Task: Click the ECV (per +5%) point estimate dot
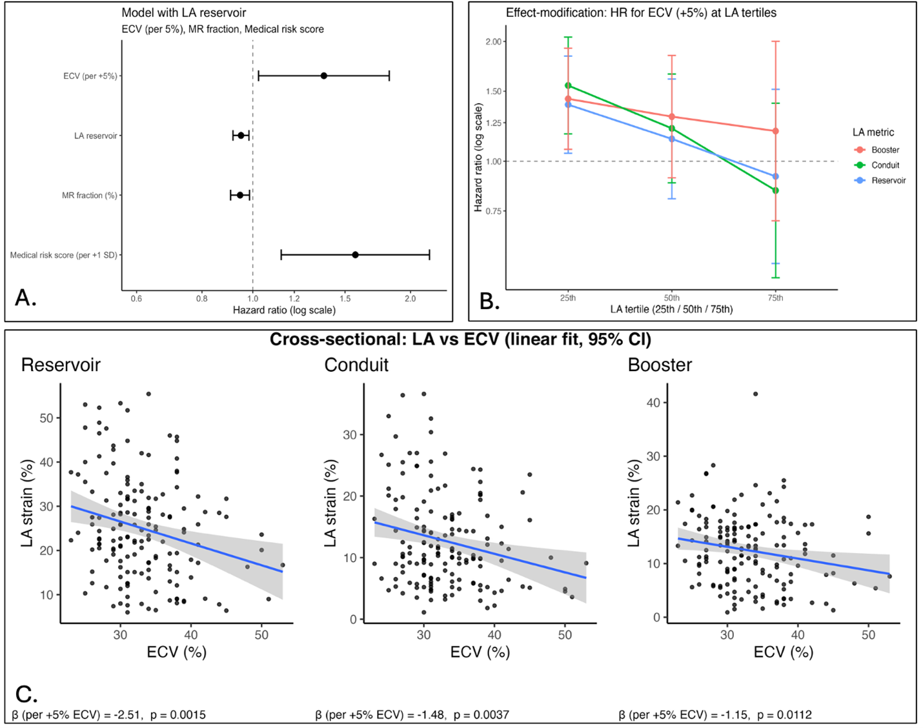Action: tap(324, 76)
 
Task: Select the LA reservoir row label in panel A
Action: tap(96, 136)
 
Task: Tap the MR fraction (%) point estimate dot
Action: tap(240, 195)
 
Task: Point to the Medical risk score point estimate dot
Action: tap(355, 255)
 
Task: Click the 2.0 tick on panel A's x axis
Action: tap(410, 299)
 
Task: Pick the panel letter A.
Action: tap(25, 298)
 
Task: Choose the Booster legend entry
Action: tap(884, 150)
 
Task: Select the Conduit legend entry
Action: tap(884, 165)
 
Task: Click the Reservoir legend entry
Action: tap(888, 181)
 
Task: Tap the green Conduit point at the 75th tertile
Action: tap(775, 190)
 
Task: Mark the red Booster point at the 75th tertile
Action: tap(775, 131)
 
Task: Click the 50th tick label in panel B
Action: tap(672, 298)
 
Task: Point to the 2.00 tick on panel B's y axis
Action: tap(494, 42)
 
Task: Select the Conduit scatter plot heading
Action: tap(356, 365)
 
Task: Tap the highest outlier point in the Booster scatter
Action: tap(755, 394)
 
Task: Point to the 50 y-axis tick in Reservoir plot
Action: tap(46, 418)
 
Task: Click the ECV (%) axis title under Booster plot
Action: tap(784, 652)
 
